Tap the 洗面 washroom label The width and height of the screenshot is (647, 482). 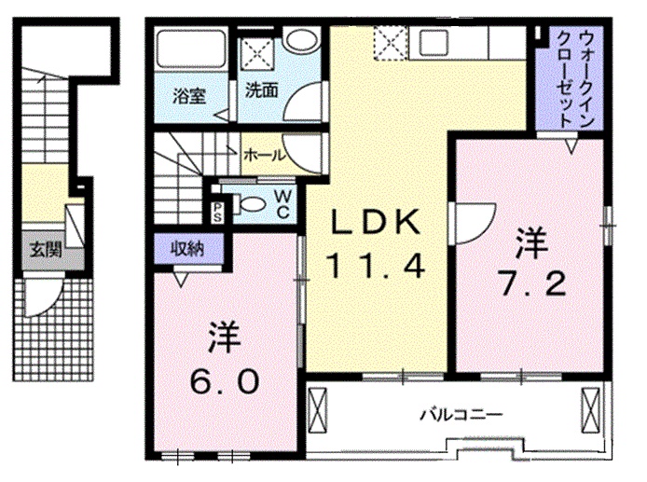pos(262,91)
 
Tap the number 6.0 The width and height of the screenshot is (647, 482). pos(222,380)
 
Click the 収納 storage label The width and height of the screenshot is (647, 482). pos(187,247)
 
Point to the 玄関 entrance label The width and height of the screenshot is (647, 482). pos(41,249)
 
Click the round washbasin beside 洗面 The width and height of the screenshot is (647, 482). pos(299,40)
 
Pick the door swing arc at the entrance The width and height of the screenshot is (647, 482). pos(42,299)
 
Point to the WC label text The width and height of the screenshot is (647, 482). pos(283,202)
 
